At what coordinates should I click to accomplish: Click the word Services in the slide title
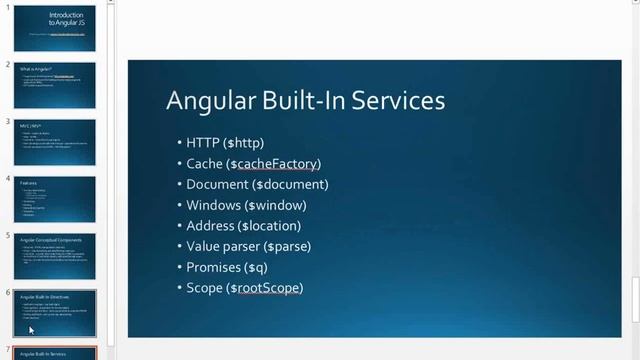pos(397,101)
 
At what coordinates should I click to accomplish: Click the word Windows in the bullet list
pos(213,205)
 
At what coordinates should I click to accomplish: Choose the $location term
pos(270,226)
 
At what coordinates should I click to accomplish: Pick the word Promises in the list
pos(214,267)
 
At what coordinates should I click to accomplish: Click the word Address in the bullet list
pos(210,226)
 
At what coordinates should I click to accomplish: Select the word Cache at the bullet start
pos(203,164)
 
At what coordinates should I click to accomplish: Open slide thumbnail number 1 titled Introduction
pos(55,28)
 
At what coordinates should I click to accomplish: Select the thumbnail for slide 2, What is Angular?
pos(55,85)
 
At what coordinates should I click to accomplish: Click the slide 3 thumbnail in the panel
pos(55,142)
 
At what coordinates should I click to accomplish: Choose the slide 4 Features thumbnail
pos(55,199)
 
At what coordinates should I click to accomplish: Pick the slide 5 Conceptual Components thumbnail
pos(55,256)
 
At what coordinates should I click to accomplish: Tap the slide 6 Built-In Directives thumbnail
pos(55,313)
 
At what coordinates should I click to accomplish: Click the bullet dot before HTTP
pos(178,143)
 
